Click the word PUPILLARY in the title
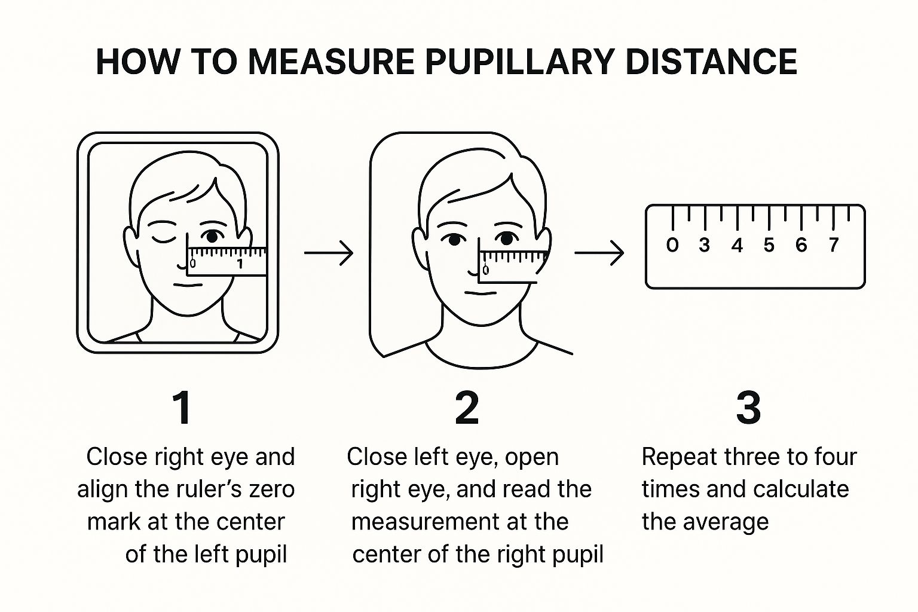point(519,62)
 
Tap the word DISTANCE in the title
point(711,62)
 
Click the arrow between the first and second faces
point(329,253)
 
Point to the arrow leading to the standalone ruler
point(599,253)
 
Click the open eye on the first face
point(212,236)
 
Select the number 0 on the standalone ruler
point(672,244)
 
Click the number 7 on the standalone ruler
point(833,244)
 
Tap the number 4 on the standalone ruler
point(738,245)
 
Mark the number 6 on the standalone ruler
point(801,244)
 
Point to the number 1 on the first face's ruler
point(240,264)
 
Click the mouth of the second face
point(481,293)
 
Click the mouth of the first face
point(188,285)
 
